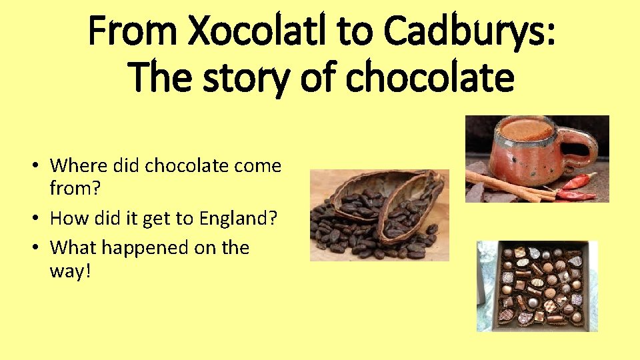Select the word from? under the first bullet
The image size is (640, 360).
(x=75, y=188)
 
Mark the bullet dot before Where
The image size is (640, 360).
(x=40, y=165)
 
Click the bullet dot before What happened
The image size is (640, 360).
(x=40, y=248)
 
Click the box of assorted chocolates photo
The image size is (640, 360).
(x=537, y=286)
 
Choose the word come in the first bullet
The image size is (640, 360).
(x=256, y=165)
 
